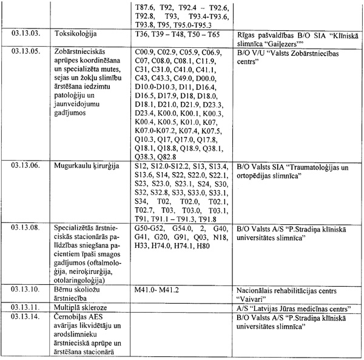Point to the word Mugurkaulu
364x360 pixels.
tap(74, 166)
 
